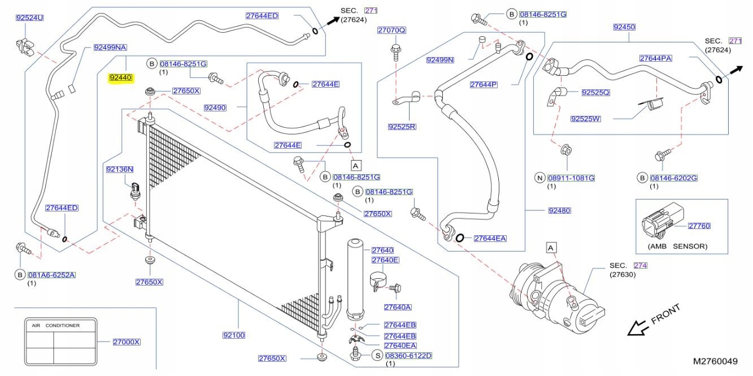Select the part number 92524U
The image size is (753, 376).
(30, 18)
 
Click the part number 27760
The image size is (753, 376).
(699, 226)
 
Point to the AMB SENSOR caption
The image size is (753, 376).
(677, 247)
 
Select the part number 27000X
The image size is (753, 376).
(127, 342)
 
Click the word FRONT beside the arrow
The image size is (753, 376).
(666, 314)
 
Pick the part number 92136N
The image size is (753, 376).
(120, 169)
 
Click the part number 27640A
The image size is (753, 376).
(398, 307)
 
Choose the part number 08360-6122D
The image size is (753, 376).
(408, 355)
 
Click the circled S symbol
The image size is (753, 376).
(377, 355)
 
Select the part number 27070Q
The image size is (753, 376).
(392, 30)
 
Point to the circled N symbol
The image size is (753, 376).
(539, 178)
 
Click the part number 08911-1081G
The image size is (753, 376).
(572, 178)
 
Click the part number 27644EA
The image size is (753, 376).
(490, 238)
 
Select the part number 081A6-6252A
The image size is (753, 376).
(53, 275)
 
